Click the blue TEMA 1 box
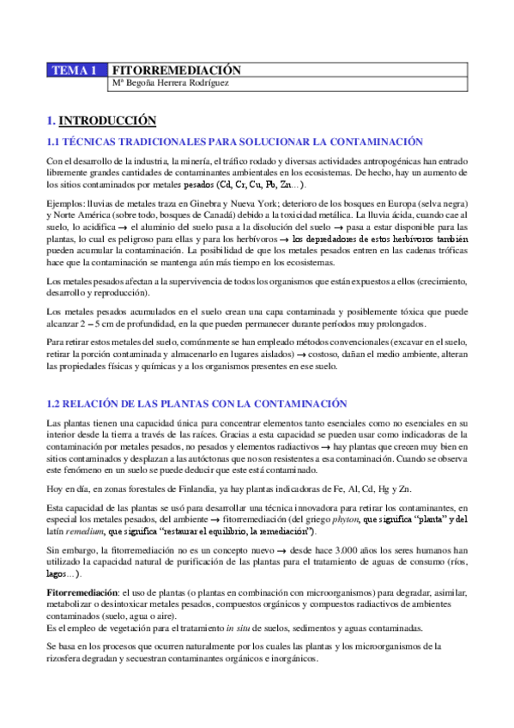pos(75,70)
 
